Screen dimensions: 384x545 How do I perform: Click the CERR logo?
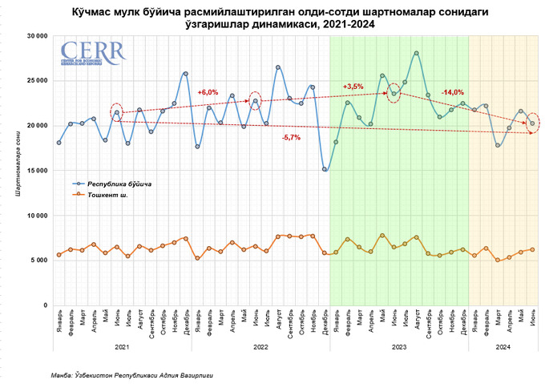(91, 55)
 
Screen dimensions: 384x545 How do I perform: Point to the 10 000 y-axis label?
(34, 215)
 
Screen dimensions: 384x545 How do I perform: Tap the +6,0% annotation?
(208, 92)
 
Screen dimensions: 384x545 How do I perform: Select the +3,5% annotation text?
(353, 86)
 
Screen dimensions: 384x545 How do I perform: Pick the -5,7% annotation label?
(291, 138)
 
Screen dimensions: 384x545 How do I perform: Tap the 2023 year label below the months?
(398, 347)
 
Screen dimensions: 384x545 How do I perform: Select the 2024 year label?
(503, 347)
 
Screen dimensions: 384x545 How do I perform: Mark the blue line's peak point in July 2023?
(417, 54)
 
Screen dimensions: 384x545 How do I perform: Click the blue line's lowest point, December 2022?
(325, 169)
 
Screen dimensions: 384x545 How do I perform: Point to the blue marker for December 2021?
(186, 74)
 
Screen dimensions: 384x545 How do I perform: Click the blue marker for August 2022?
(278, 67)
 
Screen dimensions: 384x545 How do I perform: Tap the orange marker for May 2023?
(382, 235)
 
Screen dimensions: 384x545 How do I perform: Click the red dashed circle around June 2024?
(533, 123)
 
